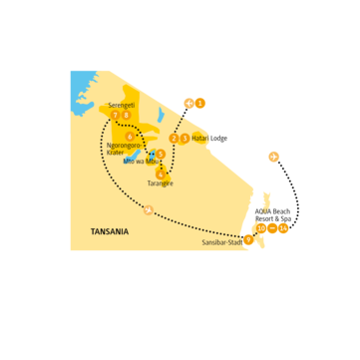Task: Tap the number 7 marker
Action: pos(116,116)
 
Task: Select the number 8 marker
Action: pos(126,116)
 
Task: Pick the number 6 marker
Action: pos(131,135)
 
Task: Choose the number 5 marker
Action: pos(161,154)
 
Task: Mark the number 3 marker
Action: pos(184,138)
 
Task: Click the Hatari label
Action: pos(201,139)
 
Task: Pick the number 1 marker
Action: pos(200,102)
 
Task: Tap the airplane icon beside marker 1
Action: pos(188,102)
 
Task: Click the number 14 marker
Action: pos(284,228)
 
